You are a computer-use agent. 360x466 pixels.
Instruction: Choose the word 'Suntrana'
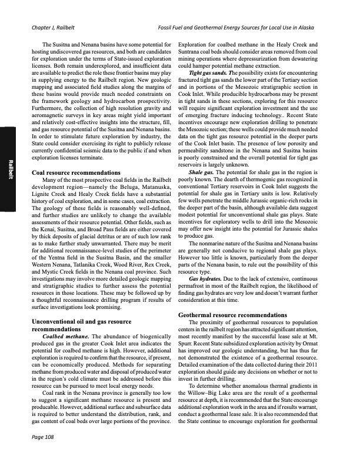coord(191,51)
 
